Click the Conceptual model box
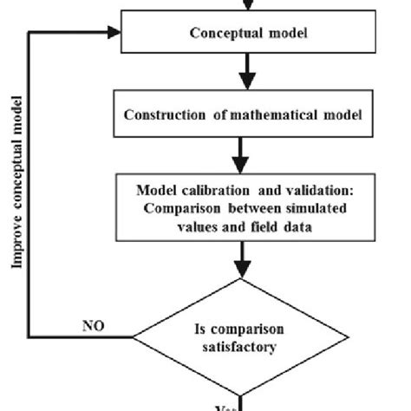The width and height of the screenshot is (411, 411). [x=242, y=34]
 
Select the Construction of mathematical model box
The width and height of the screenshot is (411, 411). [x=242, y=114]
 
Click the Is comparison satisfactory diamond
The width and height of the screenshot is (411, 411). [x=242, y=337]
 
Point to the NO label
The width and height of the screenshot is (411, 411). [x=93, y=326]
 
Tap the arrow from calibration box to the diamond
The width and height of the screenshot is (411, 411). [x=242, y=258]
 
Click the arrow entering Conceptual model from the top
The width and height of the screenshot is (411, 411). [x=242, y=5]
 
